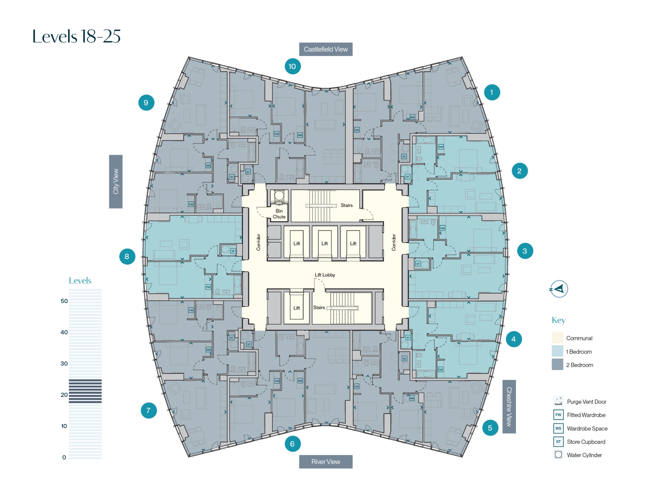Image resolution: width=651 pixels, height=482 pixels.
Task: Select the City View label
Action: (116, 182)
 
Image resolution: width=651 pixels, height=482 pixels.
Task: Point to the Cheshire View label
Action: (509, 406)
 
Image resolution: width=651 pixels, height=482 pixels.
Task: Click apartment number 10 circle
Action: (292, 67)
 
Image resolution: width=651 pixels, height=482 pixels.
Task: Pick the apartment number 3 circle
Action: (525, 251)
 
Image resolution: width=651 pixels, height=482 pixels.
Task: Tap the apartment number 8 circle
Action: (127, 257)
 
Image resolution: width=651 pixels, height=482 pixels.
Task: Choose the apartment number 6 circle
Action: (292, 444)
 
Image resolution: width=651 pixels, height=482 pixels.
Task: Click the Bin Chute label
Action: (279, 214)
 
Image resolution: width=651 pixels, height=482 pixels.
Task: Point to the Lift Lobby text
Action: (325, 275)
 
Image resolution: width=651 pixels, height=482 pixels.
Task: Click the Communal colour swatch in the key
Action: (557, 338)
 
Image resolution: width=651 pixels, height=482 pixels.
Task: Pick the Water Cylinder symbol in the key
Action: (558, 455)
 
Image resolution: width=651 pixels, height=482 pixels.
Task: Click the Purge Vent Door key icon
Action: (558, 401)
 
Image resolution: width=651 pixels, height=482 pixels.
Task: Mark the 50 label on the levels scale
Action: (64, 301)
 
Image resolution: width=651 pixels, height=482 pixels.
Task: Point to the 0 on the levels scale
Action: (64, 457)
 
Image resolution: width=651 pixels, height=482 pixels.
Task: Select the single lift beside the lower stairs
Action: (297, 308)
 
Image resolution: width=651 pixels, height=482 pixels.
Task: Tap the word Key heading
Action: (558, 320)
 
